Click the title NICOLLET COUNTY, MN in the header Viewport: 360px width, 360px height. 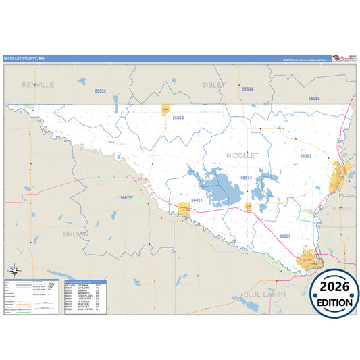[24, 59]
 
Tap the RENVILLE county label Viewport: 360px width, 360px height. [38, 85]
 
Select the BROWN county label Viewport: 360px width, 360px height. [76, 234]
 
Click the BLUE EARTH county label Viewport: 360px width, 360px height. [264, 294]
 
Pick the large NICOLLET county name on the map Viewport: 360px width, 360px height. [242, 155]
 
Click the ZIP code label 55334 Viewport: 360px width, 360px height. [247, 88]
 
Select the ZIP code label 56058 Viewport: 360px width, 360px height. [314, 99]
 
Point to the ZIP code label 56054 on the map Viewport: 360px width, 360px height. [178, 118]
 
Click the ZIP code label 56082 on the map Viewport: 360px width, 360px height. [305, 155]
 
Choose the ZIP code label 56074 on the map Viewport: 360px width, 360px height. [246, 178]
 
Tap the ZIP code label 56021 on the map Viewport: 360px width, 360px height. [197, 201]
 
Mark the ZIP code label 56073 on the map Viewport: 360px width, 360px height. [126, 197]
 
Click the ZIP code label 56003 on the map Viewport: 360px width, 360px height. [285, 236]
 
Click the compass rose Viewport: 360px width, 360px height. [14, 271]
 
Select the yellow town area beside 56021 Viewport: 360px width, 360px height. [184, 210]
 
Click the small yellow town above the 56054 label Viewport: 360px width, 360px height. [165, 109]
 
